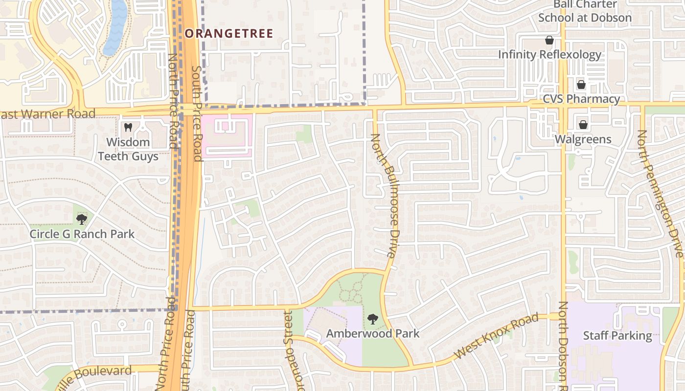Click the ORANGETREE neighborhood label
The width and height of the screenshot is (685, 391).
click(228, 33)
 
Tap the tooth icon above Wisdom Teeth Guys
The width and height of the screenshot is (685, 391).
click(128, 127)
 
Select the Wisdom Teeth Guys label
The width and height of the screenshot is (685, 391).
click(128, 149)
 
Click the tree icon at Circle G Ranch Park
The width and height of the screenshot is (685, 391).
click(82, 218)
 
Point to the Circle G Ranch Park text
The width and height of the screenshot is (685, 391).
click(82, 234)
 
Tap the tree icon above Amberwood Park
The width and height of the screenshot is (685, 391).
click(373, 319)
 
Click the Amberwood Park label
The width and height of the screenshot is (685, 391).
click(373, 333)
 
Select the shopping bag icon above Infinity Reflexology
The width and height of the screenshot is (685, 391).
click(549, 40)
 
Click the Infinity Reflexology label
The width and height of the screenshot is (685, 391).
click(549, 54)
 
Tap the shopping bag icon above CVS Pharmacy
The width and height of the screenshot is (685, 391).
click(581, 85)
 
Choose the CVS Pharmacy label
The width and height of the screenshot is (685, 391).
click(581, 99)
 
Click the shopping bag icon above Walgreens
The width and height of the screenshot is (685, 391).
click(583, 125)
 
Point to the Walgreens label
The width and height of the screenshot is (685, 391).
click(583, 139)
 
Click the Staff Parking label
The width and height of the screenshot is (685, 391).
click(617, 336)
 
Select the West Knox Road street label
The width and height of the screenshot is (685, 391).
click(496, 337)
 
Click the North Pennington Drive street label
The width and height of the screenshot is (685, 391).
click(659, 193)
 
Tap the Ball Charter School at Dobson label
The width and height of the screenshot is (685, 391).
click(585, 11)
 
